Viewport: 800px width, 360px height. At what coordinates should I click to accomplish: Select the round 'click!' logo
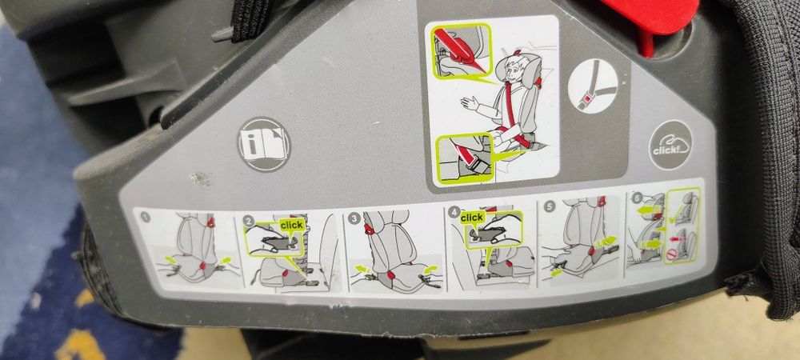[670, 145]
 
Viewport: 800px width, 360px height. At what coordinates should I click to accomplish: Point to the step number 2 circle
[249, 219]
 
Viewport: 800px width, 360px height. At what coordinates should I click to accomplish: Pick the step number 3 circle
[353, 217]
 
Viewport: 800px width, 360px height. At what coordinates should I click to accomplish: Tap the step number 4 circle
[456, 214]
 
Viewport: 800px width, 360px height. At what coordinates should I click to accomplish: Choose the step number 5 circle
[549, 206]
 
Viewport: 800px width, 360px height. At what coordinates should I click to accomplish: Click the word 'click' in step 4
[473, 218]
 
